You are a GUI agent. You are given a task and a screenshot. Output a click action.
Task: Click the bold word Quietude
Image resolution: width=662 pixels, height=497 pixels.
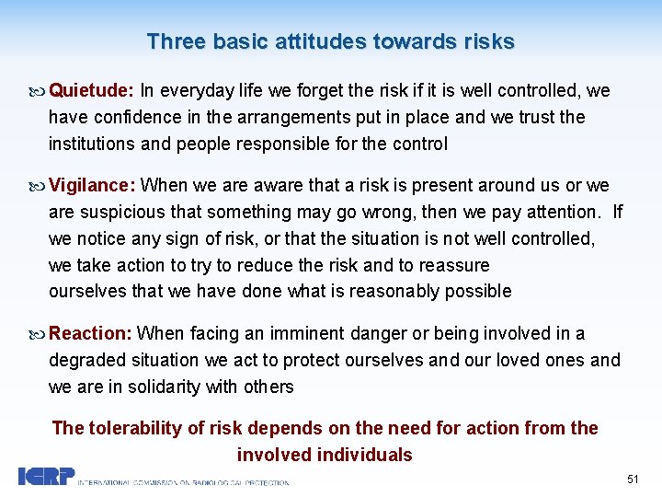90,91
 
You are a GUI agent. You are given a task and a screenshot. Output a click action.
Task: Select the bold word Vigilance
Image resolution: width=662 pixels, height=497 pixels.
91,186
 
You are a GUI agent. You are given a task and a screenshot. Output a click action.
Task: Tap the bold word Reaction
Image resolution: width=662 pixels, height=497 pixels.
90,333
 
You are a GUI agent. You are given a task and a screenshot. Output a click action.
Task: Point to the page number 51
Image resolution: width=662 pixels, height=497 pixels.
633,480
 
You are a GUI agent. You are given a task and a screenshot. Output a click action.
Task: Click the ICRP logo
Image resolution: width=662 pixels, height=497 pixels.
46,477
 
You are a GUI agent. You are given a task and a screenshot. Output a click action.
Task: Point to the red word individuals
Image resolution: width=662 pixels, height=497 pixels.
364,455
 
